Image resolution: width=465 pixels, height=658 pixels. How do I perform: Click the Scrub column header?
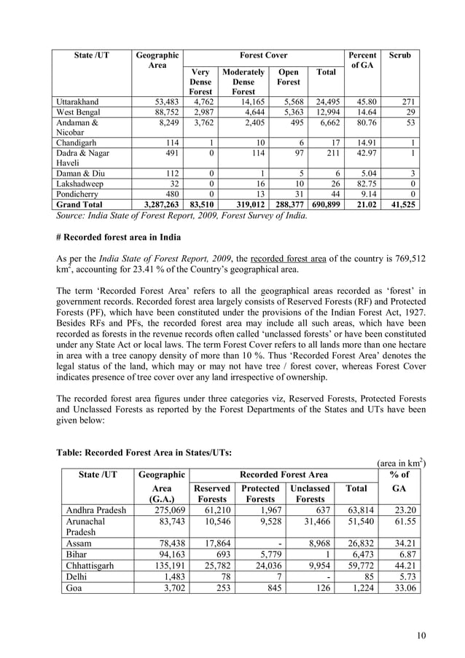[x=400, y=55]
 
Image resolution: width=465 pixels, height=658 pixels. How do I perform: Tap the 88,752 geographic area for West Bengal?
[x=162, y=113]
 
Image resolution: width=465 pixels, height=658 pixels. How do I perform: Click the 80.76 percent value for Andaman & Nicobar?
[x=363, y=124]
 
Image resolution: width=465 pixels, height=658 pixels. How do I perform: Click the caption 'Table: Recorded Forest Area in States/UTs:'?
[x=144, y=453]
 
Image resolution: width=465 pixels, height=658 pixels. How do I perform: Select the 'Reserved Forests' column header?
[x=212, y=494]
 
